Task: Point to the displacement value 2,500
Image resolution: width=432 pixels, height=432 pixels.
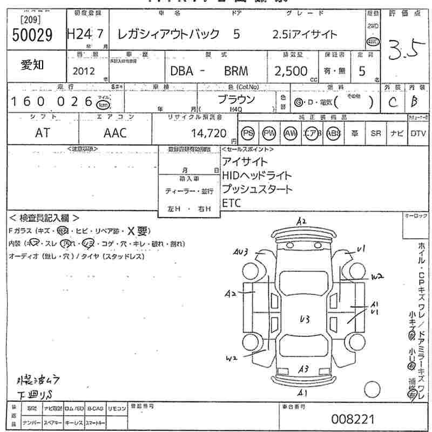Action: [291, 71]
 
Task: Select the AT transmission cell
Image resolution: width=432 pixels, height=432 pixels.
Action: [42, 133]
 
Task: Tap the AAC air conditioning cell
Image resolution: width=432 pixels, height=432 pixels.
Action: [114, 133]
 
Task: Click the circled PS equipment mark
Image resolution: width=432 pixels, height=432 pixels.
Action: [248, 133]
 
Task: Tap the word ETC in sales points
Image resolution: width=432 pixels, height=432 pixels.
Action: [232, 203]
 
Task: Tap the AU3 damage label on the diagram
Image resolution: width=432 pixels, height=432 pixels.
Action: [241, 252]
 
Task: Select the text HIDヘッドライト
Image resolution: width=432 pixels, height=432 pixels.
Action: [257, 175]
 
